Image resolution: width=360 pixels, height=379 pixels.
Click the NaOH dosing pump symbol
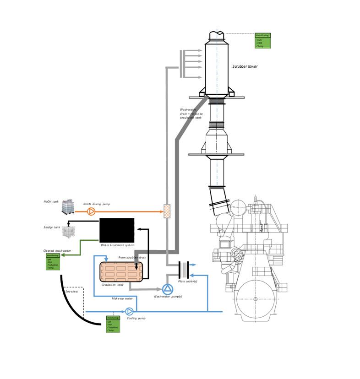coord(91,211)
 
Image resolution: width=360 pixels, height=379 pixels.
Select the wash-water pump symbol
coord(167,289)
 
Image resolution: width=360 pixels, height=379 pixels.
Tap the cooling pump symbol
coord(130,312)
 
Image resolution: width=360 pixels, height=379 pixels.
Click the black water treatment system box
coord(117,230)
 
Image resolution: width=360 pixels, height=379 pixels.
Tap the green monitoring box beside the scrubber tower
coord(263,41)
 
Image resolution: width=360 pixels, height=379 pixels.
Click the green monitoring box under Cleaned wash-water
coord(53,262)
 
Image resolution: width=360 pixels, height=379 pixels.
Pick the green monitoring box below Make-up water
coord(113,324)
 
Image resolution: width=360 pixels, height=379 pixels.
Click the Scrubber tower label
coord(245,67)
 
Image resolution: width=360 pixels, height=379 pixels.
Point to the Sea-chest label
coord(71,292)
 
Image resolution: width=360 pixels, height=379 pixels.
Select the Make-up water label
coord(122,298)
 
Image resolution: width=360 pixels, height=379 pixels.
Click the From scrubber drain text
coord(132,258)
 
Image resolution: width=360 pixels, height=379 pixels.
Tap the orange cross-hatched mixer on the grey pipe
coord(167,211)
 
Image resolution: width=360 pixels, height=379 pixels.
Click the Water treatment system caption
coord(117,245)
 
